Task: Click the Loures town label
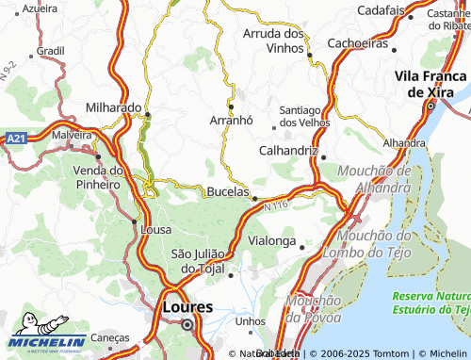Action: pos(187,306)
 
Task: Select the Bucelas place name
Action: pos(227,191)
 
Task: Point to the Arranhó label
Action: pos(231,121)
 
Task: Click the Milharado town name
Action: pos(113,107)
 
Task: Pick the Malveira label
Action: pos(72,136)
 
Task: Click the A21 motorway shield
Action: pos(14,138)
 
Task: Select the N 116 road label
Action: pos(276,204)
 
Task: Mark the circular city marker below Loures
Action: pos(187,325)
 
